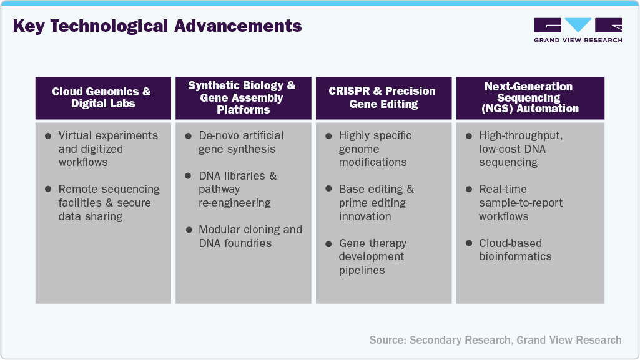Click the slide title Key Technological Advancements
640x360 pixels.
157,26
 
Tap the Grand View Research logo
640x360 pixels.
578,30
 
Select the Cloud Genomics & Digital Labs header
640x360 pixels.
102,97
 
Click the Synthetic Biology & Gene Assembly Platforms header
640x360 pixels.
242,98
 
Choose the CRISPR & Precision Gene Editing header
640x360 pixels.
382,97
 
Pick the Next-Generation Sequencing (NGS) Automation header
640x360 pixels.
529,97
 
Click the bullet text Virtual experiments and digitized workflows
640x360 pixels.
107,148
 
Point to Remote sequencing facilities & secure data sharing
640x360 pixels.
109,203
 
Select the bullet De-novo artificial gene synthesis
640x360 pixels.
240,142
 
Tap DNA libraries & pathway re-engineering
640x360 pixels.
237,189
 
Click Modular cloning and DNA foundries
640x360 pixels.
250,236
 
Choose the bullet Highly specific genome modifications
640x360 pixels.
375,148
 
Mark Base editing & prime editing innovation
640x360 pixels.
376,203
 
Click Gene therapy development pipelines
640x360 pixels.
372,256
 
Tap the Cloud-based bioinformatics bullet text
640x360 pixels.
515,250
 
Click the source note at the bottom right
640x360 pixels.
495,340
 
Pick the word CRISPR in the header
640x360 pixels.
349,91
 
